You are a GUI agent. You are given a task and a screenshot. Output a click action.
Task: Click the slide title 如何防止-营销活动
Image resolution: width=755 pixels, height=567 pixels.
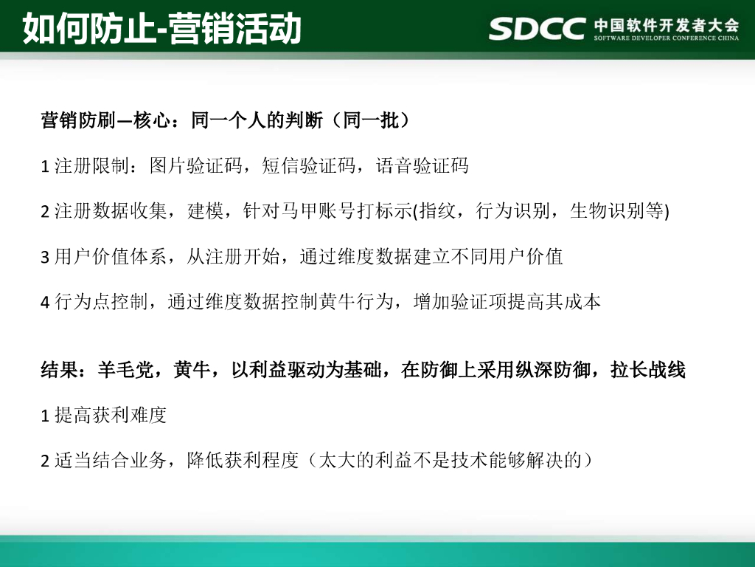click(162, 30)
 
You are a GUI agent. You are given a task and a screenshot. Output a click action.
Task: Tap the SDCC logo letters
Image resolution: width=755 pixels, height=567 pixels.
click(536, 28)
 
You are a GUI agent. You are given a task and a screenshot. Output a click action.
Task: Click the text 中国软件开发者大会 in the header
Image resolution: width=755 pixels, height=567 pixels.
click(666, 24)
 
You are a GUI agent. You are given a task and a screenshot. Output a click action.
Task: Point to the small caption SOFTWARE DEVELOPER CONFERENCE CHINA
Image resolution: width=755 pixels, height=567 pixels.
click(666, 37)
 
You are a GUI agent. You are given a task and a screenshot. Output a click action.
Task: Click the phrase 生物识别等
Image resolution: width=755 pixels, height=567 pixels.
click(617, 211)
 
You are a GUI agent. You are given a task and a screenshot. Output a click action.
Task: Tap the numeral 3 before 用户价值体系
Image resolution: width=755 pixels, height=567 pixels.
click(44, 257)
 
